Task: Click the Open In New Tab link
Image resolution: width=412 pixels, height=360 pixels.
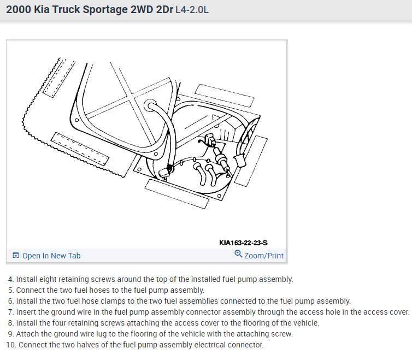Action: pos(51,256)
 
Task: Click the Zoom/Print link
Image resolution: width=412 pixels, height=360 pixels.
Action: pos(264,256)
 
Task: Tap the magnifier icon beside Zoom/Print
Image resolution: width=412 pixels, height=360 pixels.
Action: pos(238,254)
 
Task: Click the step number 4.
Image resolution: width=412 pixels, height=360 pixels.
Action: pos(11,279)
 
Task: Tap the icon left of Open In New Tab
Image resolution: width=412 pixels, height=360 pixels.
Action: pos(16,256)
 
